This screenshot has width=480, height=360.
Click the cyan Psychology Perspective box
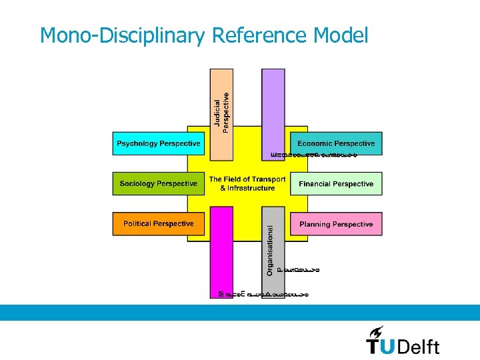[x=158, y=143]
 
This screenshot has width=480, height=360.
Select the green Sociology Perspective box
[x=158, y=183]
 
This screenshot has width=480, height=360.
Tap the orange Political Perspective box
[x=158, y=224]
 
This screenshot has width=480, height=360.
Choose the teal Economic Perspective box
[x=336, y=143]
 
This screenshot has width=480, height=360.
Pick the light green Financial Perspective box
[x=336, y=183]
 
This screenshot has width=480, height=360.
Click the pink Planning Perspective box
[x=336, y=224]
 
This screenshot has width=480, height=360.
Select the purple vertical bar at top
[x=273, y=107]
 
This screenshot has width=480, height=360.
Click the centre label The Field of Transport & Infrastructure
[x=247, y=183]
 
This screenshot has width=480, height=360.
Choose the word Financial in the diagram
[x=316, y=183]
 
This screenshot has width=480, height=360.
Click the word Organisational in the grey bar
[x=270, y=249]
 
